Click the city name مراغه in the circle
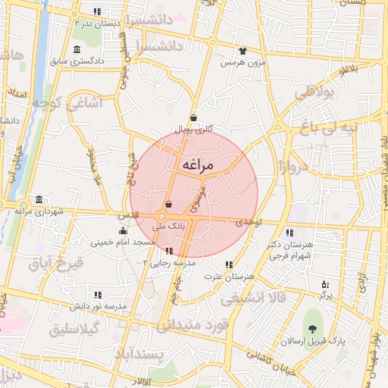(x=198, y=164)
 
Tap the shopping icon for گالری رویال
(x=194, y=117)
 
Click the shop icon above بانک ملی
(x=168, y=205)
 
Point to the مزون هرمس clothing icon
(x=242, y=51)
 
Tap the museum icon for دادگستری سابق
(x=77, y=50)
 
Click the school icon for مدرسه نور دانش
(x=98, y=294)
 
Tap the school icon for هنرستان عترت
(x=228, y=264)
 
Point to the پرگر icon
(x=325, y=284)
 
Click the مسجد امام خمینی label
(x=123, y=242)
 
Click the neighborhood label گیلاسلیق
(x=74, y=330)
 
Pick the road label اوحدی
(x=249, y=223)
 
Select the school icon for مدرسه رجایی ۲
(x=168, y=250)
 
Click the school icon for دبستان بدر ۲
(x=97, y=11)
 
